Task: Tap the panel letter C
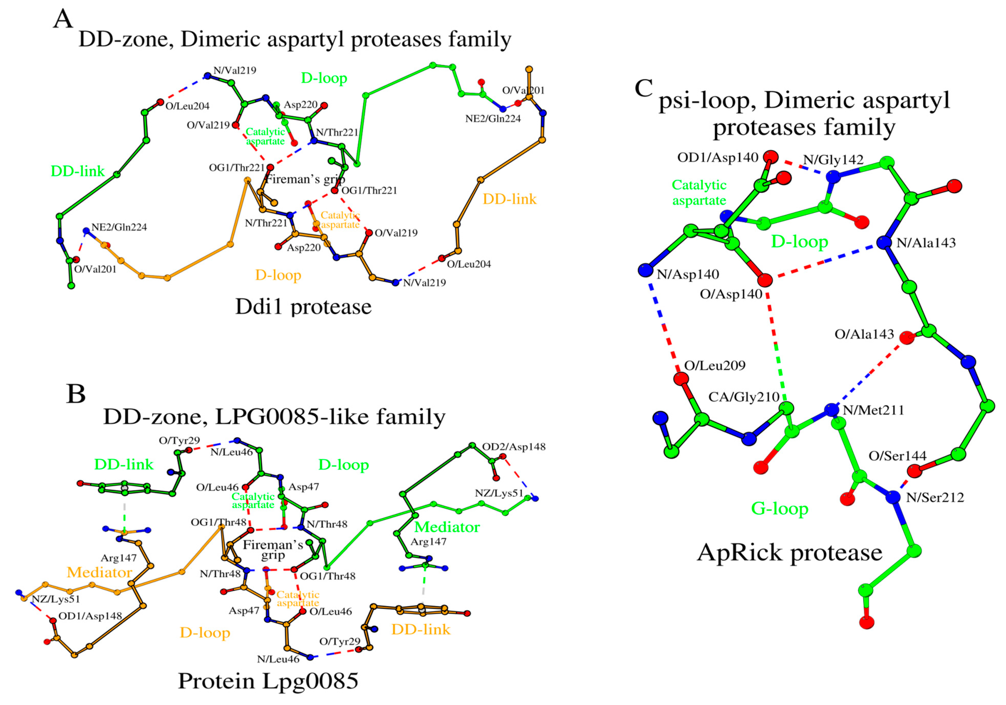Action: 644,88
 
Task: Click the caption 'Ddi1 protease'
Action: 303,307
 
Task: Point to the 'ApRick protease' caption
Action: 790,552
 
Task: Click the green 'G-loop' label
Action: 779,508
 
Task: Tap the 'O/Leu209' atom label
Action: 715,365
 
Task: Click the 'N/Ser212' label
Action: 935,497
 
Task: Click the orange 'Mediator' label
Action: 99,572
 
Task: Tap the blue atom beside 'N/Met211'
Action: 831,410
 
